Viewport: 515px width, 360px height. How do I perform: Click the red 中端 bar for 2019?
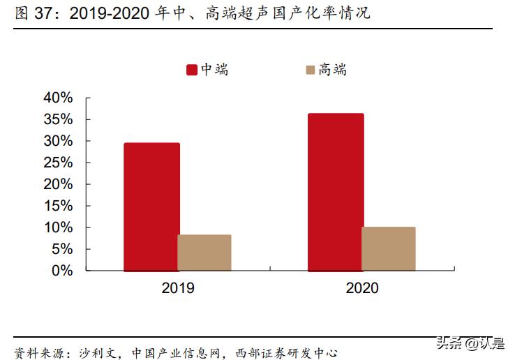[x=151, y=207]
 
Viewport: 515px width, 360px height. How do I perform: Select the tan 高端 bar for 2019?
[x=204, y=253]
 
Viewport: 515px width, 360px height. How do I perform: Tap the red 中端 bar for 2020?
[x=336, y=192]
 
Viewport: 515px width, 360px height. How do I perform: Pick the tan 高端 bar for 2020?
[x=389, y=248]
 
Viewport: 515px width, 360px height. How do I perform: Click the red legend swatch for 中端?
[x=191, y=70]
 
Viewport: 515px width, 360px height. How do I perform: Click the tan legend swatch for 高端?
[x=310, y=70]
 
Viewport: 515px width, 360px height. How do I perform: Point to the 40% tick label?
[x=58, y=98]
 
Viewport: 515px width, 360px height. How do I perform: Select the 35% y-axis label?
[x=58, y=119]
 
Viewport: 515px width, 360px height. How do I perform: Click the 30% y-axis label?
[x=58, y=141]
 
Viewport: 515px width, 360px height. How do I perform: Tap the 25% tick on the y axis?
[x=58, y=163]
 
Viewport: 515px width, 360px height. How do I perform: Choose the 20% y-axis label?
[x=58, y=184]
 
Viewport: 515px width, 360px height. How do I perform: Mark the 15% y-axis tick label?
[x=58, y=206]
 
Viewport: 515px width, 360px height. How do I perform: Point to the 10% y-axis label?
[x=58, y=227]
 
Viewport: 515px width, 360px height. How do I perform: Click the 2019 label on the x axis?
[x=177, y=287]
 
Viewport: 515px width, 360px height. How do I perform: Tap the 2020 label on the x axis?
[x=361, y=287]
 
